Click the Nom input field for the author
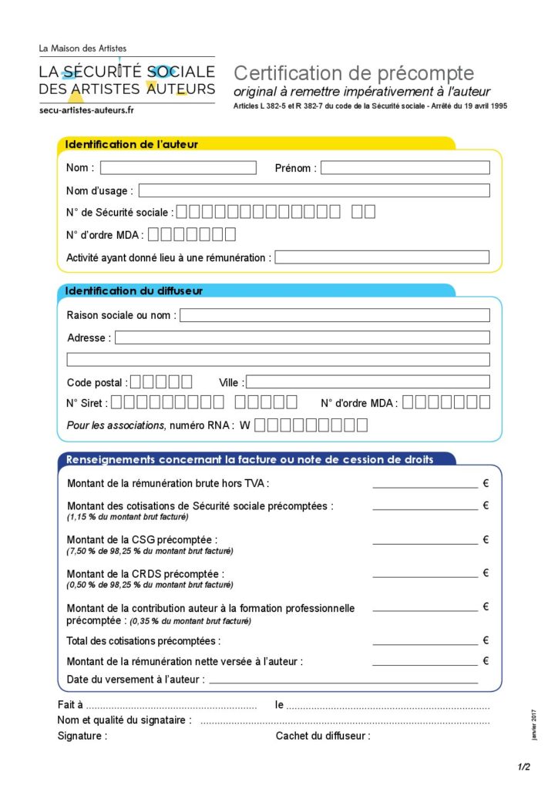[x=178, y=168]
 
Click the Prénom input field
[x=405, y=168]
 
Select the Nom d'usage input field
[x=314, y=190]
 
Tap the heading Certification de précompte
[x=354, y=73]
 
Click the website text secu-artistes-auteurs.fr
[x=86, y=111]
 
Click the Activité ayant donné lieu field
[x=382, y=257]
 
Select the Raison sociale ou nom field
[x=334, y=315]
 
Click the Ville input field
[x=368, y=381]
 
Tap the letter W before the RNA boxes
[x=245, y=425]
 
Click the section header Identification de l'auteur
[x=132, y=144]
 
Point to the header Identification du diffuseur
[x=134, y=291]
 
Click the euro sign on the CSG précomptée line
[x=486, y=540]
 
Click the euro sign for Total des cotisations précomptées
[x=486, y=640]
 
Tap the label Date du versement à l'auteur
[x=136, y=680]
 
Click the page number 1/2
[x=524, y=767]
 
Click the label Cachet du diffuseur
[x=323, y=736]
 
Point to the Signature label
[x=82, y=736]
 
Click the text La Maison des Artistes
[x=82, y=49]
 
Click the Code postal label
[x=95, y=382]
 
